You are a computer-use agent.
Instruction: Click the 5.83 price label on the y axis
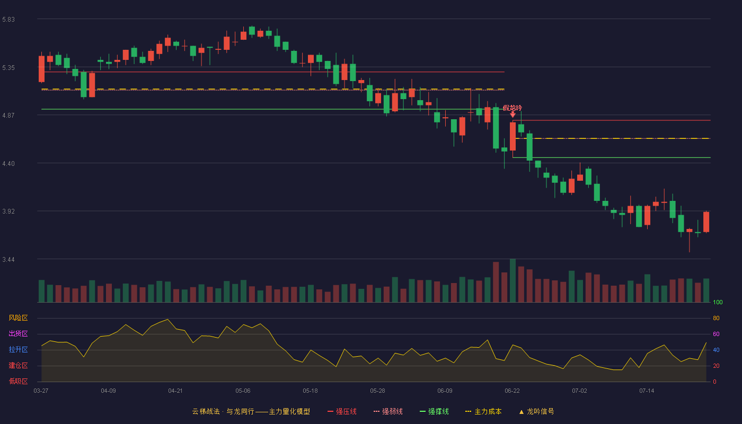coord(8,20)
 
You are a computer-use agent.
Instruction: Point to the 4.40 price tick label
coord(8,164)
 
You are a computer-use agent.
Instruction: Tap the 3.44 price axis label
coord(8,260)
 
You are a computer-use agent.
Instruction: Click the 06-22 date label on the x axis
coord(512,391)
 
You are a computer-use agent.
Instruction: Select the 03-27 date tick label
coord(41,391)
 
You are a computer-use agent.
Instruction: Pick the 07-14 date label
coord(647,391)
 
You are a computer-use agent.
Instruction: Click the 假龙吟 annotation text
coord(513,108)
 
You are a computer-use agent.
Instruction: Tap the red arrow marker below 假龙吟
coord(513,114)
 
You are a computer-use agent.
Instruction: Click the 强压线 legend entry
coord(342,411)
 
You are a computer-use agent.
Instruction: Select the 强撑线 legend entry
coord(434,411)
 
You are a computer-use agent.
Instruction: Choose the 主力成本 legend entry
coord(483,411)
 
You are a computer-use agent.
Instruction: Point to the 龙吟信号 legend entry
coord(536,411)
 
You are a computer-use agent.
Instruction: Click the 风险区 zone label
coord(18,318)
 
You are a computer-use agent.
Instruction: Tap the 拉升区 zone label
coord(18,350)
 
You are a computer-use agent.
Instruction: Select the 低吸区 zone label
coord(18,382)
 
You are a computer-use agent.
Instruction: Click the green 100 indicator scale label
coord(718,302)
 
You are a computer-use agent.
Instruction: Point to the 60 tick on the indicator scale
coord(716,334)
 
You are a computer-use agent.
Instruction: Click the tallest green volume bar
coord(513,280)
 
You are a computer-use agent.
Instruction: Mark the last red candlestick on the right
coord(706,222)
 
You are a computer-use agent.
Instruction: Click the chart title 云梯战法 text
coord(206,411)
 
